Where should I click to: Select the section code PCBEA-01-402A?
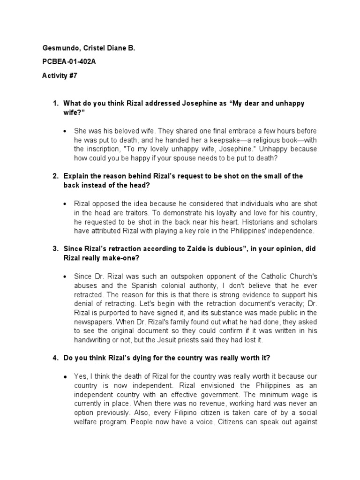[x=69, y=62]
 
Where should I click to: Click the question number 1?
[x=55, y=103]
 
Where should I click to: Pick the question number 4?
[x=55, y=359]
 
